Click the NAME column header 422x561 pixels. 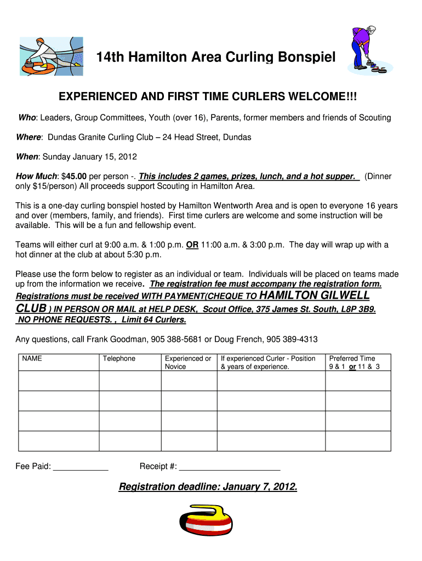click(x=32, y=358)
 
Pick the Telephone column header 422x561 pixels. click(x=119, y=358)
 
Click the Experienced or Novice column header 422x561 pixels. click(x=188, y=362)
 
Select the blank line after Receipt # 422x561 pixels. click(x=230, y=467)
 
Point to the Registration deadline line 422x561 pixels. click(x=208, y=486)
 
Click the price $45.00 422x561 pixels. click(x=76, y=177)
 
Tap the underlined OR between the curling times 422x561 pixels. click(x=192, y=245)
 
